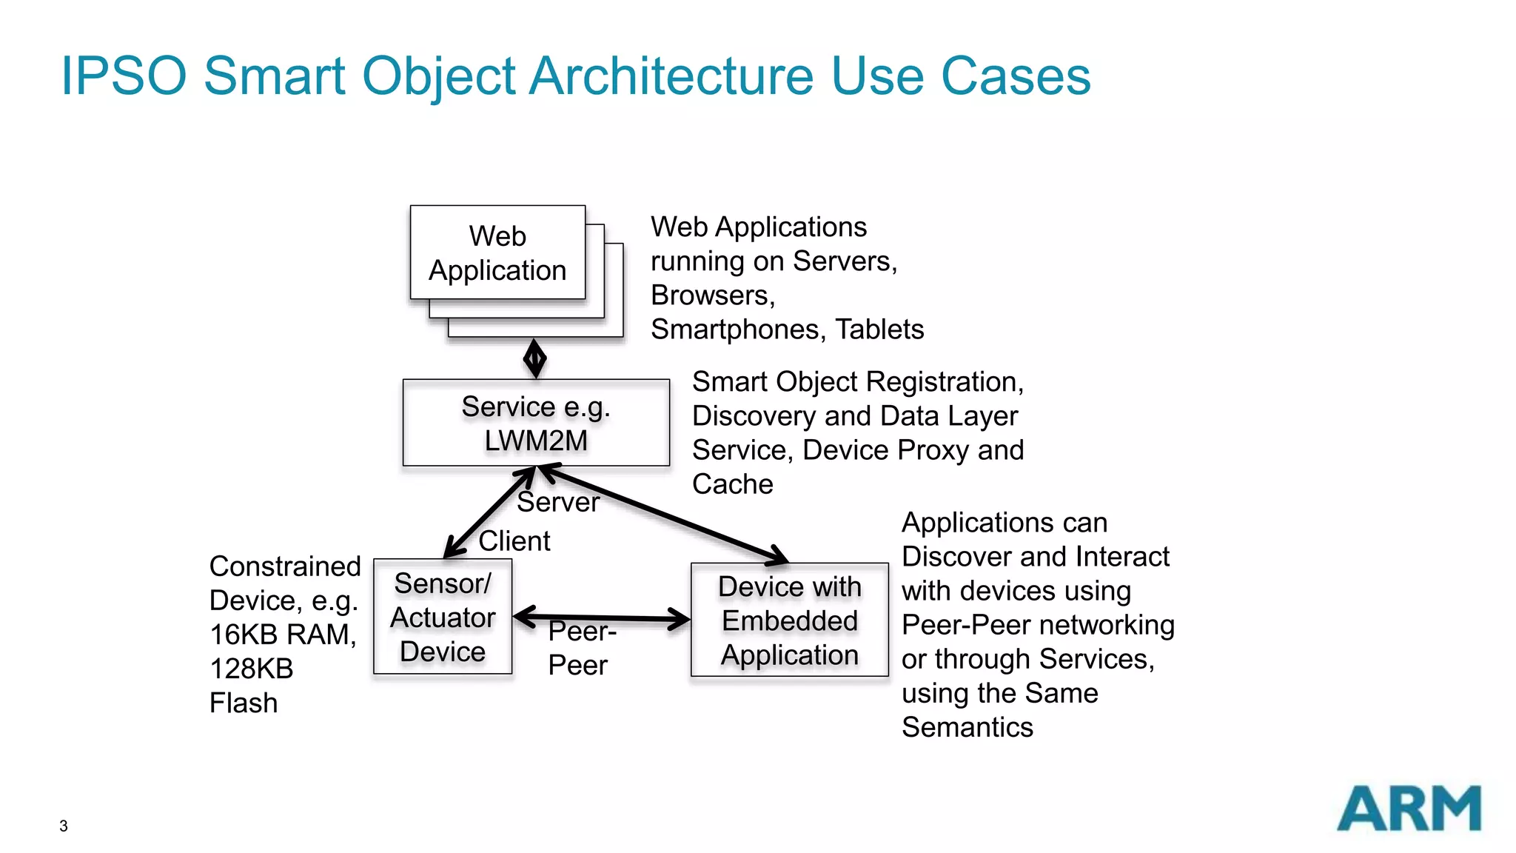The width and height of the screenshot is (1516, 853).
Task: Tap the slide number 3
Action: pyautogui.click(x=64, y=826)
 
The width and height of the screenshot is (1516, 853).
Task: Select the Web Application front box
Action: pyautogui.click(x=497, y=253)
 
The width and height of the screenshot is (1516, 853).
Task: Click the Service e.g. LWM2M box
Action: pyautogui.click(x=536, y=423)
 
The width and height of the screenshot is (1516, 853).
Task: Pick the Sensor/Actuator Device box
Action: pyautogui.click(x=443, y=617)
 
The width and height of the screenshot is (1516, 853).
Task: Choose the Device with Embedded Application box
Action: pyautogui.click(x=789, y=620)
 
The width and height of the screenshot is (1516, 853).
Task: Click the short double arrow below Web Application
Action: pyautogui.click(x=534, y=359)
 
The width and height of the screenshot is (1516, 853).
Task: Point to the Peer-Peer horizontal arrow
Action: pyautogui.click(x=601, y=618)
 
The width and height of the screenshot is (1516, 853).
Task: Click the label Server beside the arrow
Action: pyautogui.click(x=557, y=502)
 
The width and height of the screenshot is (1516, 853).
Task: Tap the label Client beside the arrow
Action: pyautogui.click(x=514, y=541)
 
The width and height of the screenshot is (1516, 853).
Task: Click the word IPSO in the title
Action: pyautogui.click(x=123, y=76)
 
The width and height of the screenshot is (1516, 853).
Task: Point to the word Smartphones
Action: pyautogui.click(x=737, y=330)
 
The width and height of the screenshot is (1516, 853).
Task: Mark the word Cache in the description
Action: pyautogui.click(x=732, y=484)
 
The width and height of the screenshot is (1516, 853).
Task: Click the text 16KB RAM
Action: pyautogui.click(x=281, y=635)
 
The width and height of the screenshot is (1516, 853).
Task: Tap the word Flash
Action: pyautogui.click(x=244, y=703)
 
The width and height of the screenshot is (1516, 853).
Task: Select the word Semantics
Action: pyautogui.click(x=967, y=727)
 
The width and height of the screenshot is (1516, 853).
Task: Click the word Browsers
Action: pyautogui.click(x=711, y=295)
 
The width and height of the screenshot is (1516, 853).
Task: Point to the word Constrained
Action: pyautogui.click(x=285, y=566)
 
